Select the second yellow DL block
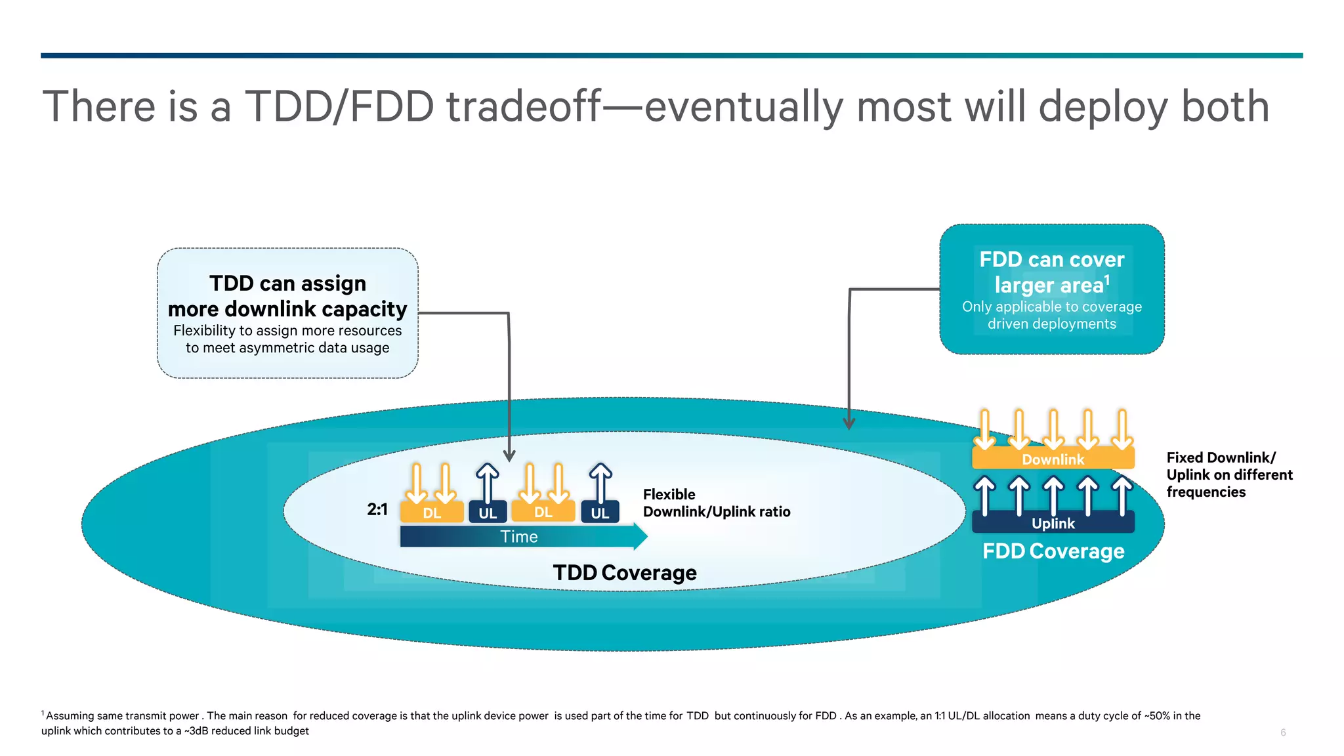click(543, 512)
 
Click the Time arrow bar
click(518, 537)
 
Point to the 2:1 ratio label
click(377, 509)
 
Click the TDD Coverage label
click(624, 573)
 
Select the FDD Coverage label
click(1053, 551)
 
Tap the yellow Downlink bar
click(1053, 459)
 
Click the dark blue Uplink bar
click(1053, 523)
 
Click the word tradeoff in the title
click(524, 106)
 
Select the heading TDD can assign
click(287, 283)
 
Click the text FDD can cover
click(1051, 260)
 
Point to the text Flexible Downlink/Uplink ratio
click(716, 503)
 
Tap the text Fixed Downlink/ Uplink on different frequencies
click(1228, 474)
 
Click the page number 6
click(1283, 732)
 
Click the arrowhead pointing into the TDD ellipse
click(509, 455)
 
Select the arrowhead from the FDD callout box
click(849, 423)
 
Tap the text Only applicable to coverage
click(1051, 306)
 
